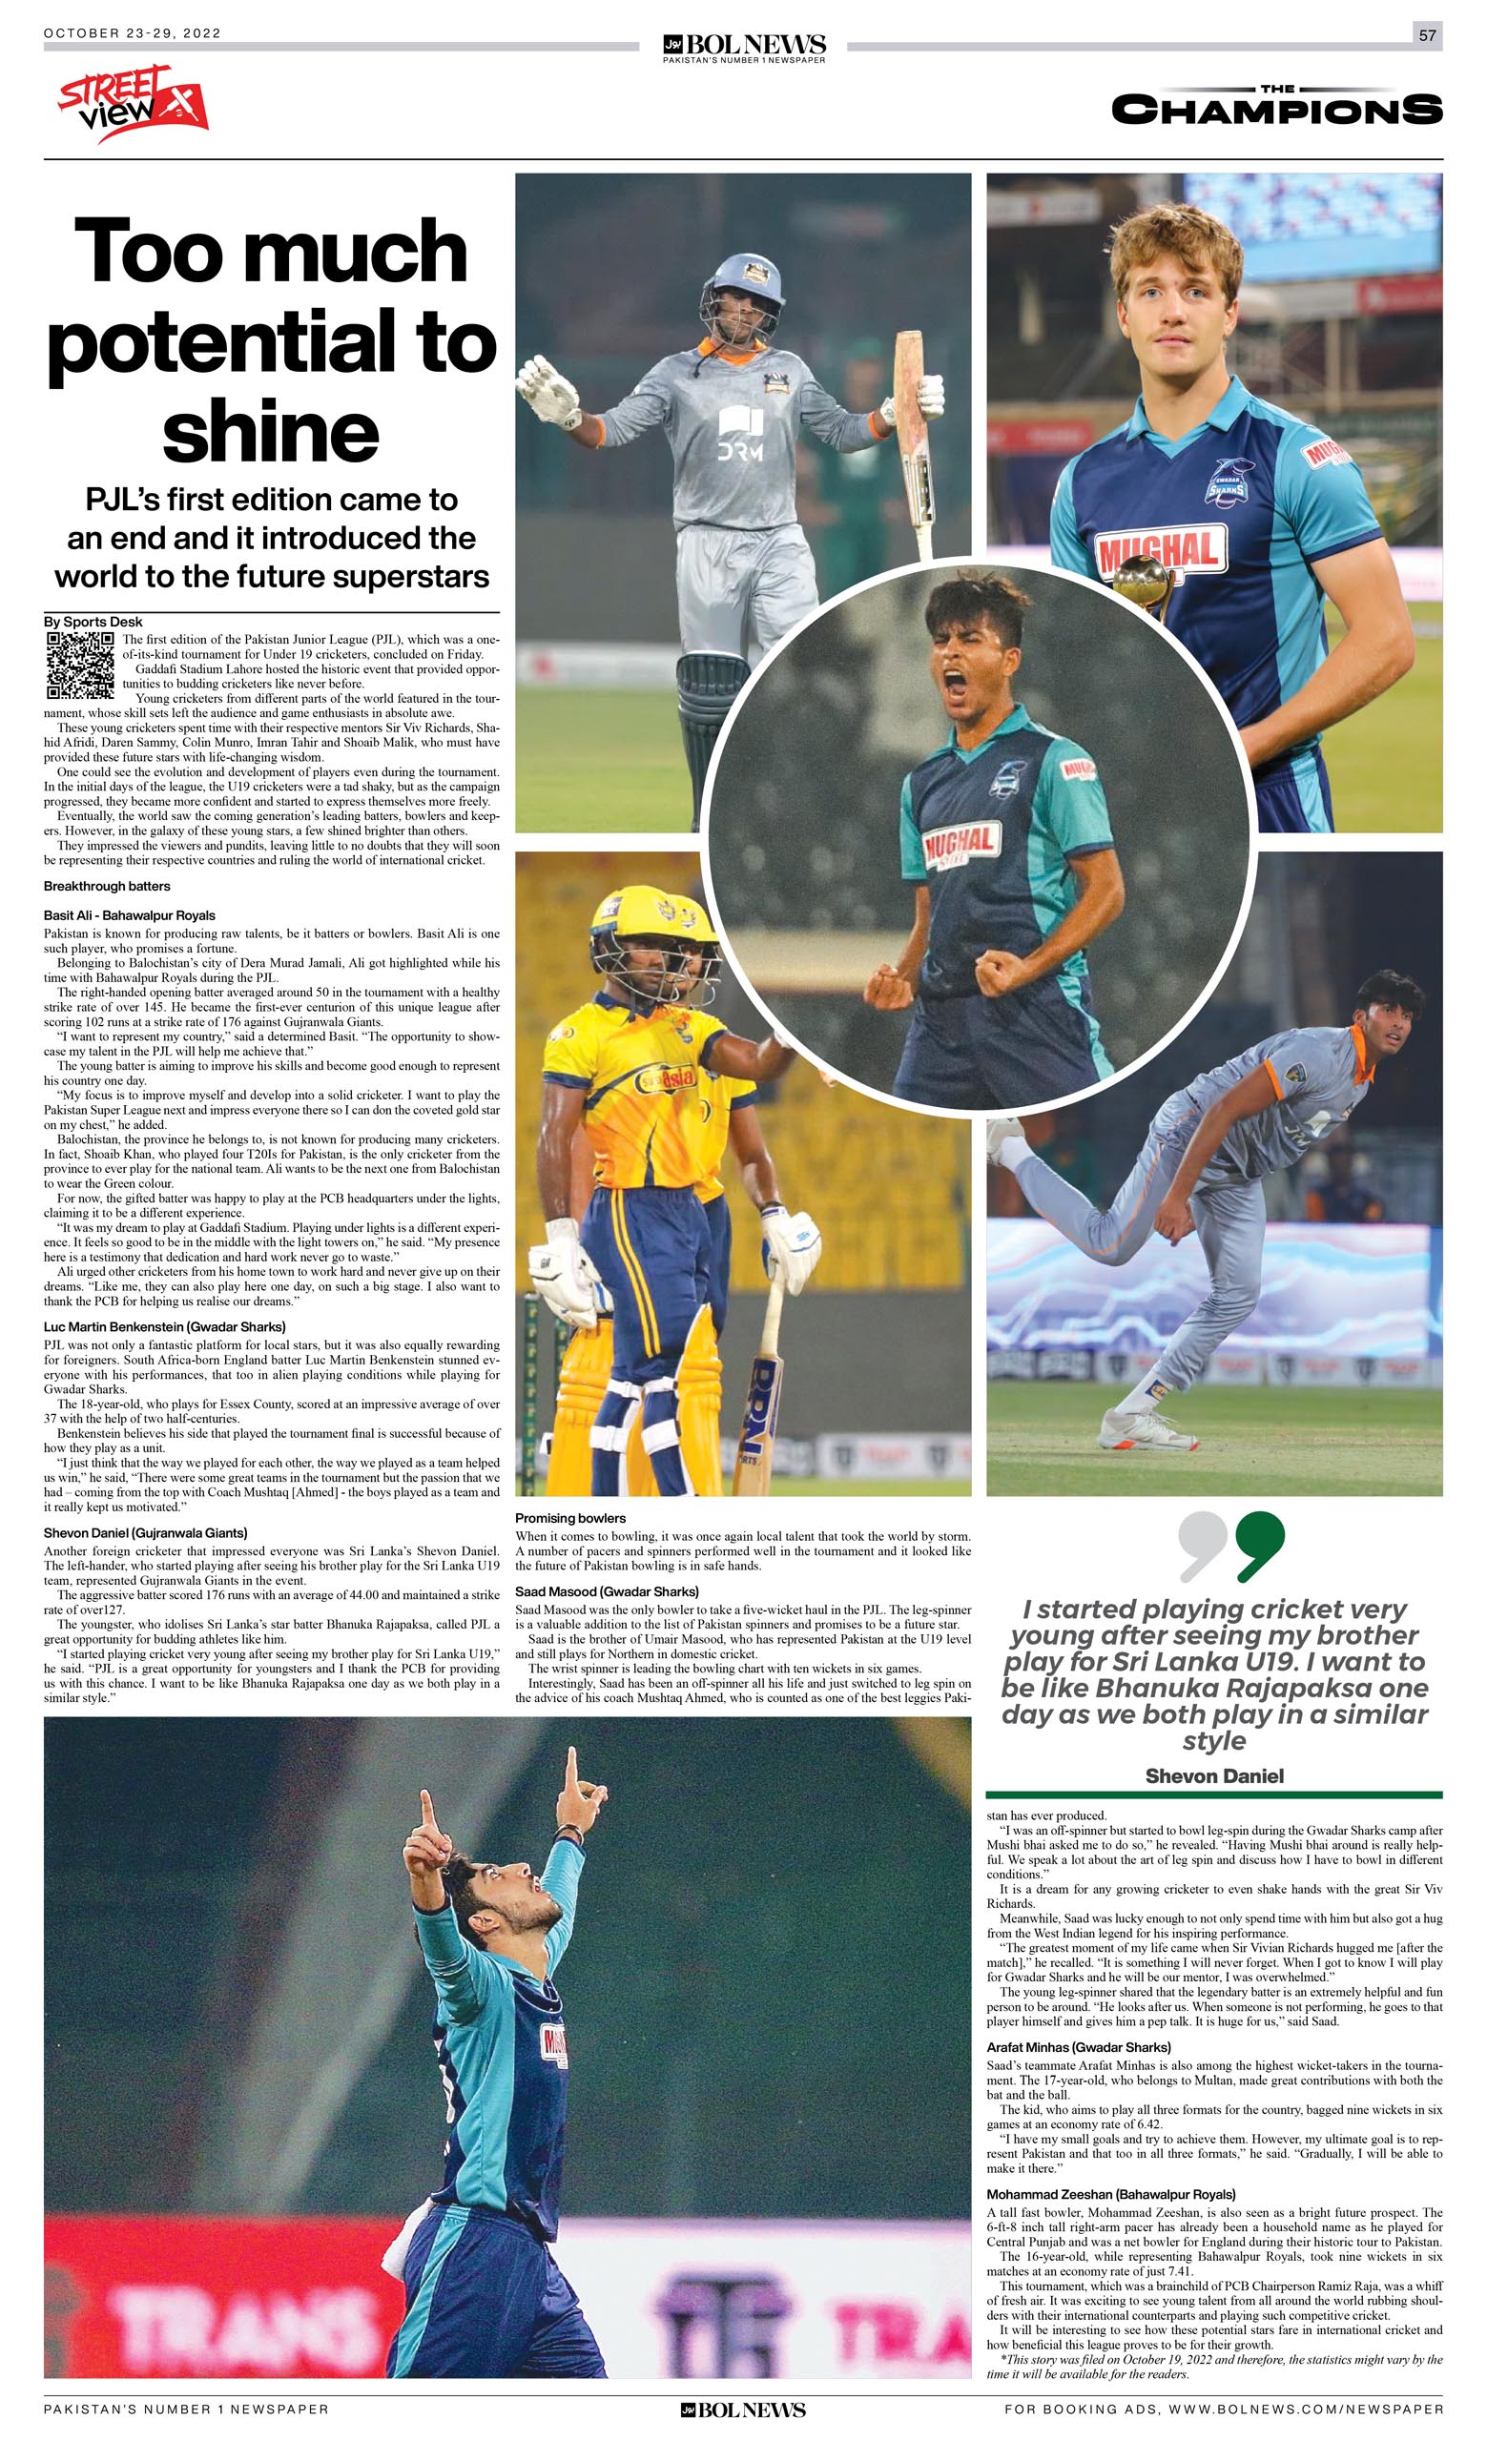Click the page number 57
[1427, 34]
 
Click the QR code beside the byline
[80, 665]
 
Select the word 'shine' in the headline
[271, 432]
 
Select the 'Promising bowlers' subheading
[570, 1518]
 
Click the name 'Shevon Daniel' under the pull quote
[1213, 1776]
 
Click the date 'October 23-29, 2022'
[133, 32]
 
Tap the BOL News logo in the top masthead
[744, 46]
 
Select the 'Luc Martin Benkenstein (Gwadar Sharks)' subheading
[164, 1327]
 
